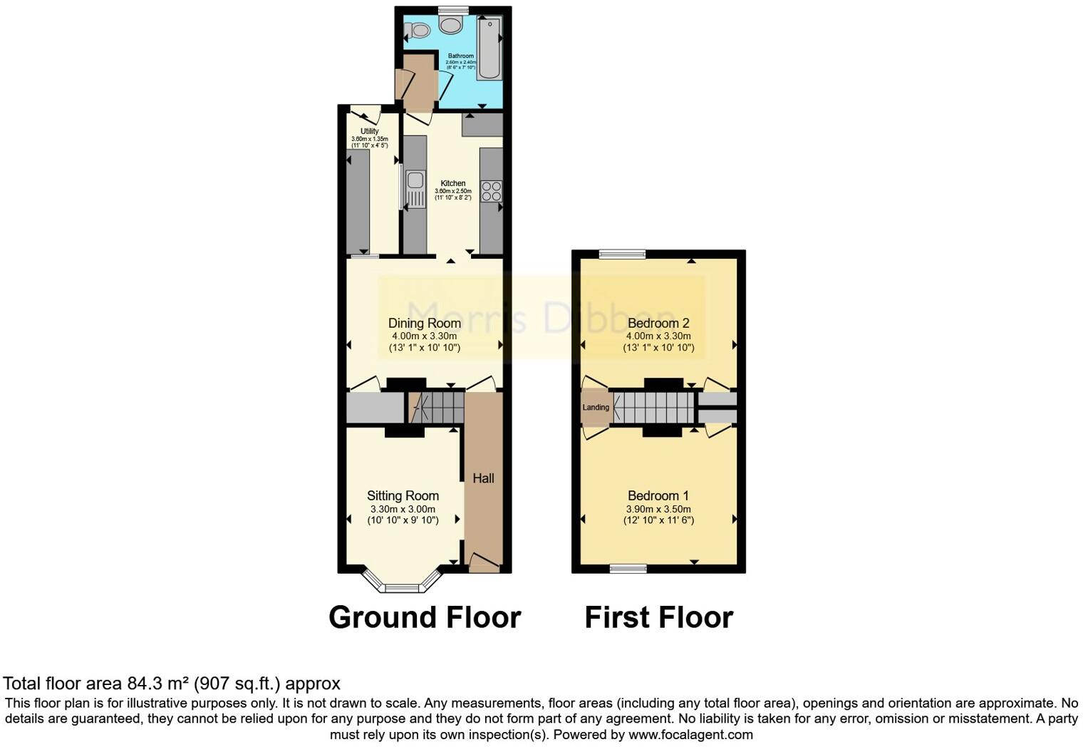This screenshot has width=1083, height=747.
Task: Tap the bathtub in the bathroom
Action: pyautogui.click(x=489, y=48)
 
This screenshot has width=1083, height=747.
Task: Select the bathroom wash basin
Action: pyautogui.click(x=452, y=26)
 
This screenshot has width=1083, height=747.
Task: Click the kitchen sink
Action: pyautogui.click(x=415, y=180)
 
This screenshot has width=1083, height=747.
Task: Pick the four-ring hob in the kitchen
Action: pyautogui.click(x=491, y=191)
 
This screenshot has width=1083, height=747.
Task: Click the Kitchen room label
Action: pyautogui.click(x=453, y=183)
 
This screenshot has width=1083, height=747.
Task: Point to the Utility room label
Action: pyautogui.click(x=369, y=131)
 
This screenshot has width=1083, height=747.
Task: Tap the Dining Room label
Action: pyautogui.click(x=424, y=323)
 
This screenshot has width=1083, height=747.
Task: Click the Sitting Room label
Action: pyautogui.click(x=403, y=495)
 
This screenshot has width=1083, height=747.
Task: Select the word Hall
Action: pyautogui.click(x=483, y=478)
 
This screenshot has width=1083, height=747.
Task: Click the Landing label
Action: pyautogui.click(x=596, y=408)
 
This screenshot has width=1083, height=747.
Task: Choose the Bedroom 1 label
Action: pyautogui.click(x=658, y=495)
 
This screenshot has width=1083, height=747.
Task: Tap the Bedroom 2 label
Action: pyautogui.click(x=658, y=323)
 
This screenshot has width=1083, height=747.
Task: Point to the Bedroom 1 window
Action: pyautogui.click(x=628, y=568)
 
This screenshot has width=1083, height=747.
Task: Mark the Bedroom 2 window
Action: pyautogui.click(x=622, y=254)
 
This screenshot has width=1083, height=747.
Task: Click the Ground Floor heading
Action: pyautogui.click(x=425, y=617)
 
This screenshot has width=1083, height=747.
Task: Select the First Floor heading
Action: pyautogui.click(x=658, y=617)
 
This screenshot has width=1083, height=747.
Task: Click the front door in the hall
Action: pyautogui.click(x=484, y=562)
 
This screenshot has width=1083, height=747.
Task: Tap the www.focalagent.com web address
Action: pyautogui.click(x=690, y=734)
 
